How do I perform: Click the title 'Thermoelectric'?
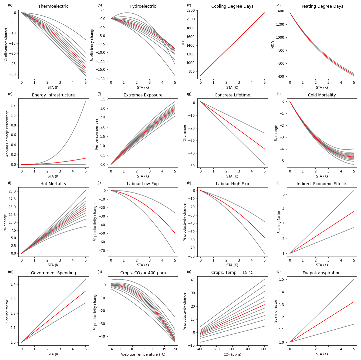(53, 6)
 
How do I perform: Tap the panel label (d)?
(278, 5)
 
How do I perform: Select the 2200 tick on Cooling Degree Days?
(191, 10)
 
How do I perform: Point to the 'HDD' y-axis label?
(273, 44)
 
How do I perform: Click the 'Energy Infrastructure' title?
(53, 95)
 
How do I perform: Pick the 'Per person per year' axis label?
(97, 133)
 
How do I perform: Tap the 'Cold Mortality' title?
(322, 95)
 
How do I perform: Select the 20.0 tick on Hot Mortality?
(12, 191)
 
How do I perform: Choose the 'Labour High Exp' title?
(232, 184)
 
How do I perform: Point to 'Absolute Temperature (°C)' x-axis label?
(143, 354)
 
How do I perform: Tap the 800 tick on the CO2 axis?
(264, 349)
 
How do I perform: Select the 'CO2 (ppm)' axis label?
(232, 354)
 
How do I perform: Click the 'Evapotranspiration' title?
(322, 273)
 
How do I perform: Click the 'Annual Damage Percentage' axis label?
(7, 133)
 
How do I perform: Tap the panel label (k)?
(189, 183)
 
